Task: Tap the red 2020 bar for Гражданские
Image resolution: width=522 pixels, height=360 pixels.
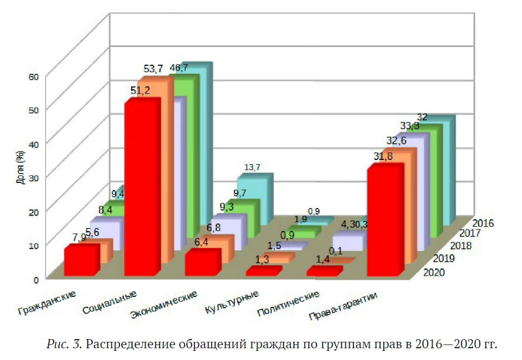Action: [x=79, y=262]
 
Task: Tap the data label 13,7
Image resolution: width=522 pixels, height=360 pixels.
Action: [x=252, y=167]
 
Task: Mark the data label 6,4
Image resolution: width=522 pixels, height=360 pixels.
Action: [x=201, y=242]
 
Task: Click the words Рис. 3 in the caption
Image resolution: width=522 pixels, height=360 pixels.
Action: [x=64, y=343]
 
